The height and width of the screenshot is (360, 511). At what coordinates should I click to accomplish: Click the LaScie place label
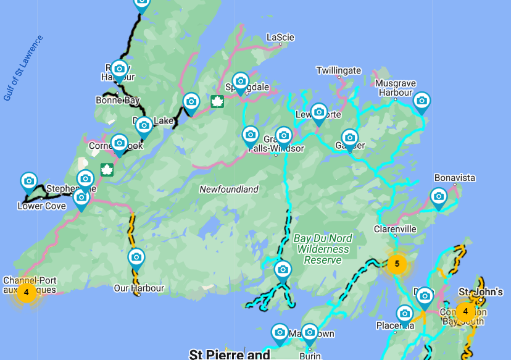(280, 38)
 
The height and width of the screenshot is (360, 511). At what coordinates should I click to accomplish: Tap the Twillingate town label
(338, 71)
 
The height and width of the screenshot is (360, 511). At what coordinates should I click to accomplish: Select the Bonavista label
(455, 178)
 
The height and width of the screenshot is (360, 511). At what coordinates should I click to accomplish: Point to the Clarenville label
(395, 229)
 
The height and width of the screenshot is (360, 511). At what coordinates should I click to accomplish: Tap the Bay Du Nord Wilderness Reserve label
(323, 249)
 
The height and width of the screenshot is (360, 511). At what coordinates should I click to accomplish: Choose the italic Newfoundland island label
(229, 190)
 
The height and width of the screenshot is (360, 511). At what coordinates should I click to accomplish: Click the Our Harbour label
(139, 288)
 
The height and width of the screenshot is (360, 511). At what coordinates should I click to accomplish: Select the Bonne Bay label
(118, 100)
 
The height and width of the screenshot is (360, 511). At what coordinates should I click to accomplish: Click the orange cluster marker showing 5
(397, 264)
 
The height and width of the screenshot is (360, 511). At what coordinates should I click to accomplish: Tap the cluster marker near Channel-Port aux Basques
(26, 292)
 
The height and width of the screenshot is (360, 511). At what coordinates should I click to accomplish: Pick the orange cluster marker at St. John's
(465, 311)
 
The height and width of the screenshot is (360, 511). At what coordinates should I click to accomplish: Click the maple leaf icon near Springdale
(217, 101)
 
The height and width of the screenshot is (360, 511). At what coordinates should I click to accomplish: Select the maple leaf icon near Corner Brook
(107, 169)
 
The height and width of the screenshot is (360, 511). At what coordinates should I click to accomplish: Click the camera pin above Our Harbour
(136, 257)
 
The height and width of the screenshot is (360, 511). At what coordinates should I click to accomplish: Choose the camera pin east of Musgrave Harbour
(422, 101)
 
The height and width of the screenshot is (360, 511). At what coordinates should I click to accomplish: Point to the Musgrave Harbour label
(396, 88)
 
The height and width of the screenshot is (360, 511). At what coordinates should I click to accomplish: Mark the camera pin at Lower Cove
(29, 182)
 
